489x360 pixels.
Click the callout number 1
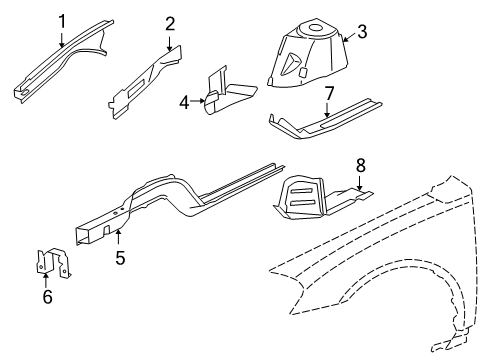coord(62,19)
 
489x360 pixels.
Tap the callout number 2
coord(170,23)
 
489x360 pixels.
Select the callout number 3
coord(362,31)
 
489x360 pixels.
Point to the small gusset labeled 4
coord(225,95)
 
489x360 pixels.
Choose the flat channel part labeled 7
coord(320,122)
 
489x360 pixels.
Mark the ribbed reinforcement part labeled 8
coord(305,200)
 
